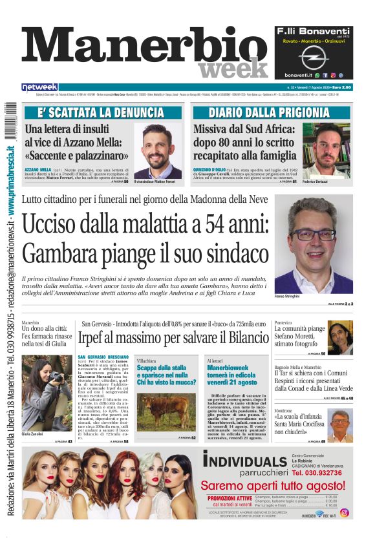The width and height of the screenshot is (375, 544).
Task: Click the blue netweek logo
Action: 40,87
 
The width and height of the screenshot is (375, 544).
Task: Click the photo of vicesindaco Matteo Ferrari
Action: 158,151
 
